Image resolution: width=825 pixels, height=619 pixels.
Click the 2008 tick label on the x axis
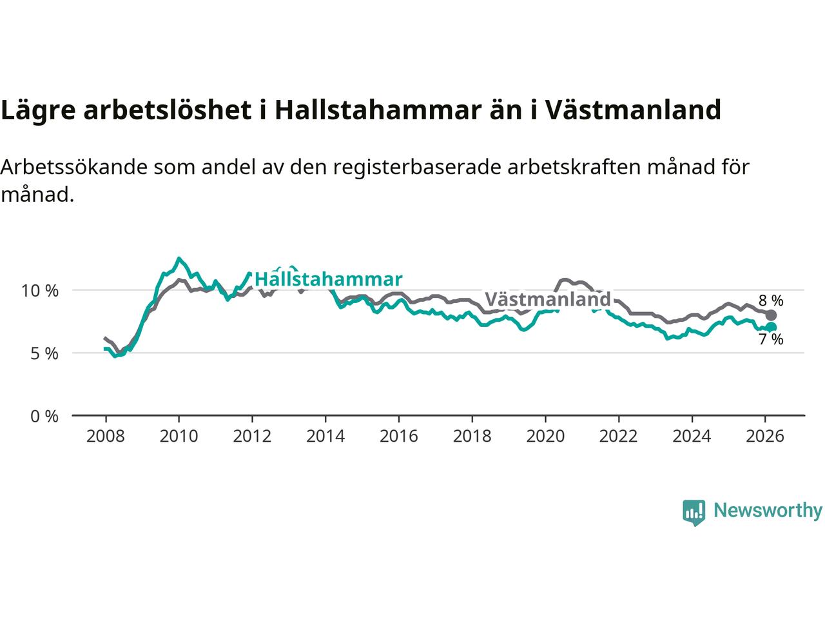[105, 437]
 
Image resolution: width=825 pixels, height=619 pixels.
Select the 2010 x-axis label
[179, 437]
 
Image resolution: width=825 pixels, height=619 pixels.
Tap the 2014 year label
[325, 437]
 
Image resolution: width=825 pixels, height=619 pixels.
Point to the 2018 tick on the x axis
[472, 437]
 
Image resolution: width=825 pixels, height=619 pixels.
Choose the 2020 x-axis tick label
[545, 437]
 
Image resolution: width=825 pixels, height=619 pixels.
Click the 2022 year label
[619, 437]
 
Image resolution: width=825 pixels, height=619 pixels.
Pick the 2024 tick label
[692, 437]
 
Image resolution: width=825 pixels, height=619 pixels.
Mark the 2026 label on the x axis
[765, 437]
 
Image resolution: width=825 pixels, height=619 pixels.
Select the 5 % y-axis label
[44, 353]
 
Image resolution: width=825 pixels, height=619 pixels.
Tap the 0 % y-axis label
[44, 417]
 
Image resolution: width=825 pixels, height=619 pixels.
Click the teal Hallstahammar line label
[328, 279]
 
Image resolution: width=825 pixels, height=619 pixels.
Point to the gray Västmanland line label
[547, 299]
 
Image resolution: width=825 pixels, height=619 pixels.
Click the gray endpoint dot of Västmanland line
[771, 315]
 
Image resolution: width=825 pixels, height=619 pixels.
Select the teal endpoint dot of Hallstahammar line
[771, 327]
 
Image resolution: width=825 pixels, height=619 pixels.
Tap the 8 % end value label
[771, 300]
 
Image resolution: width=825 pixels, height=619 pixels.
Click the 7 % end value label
[771, 340]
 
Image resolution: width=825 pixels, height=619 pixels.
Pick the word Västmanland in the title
[633, 110]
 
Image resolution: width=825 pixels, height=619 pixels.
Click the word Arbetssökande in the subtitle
[74, 168]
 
